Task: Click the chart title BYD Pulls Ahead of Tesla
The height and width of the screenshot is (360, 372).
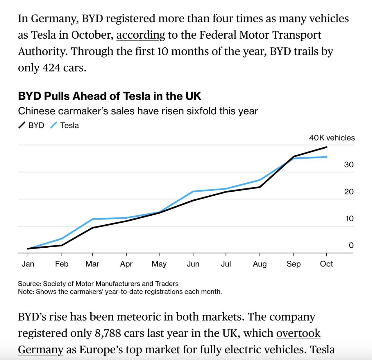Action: (x=109, y=96)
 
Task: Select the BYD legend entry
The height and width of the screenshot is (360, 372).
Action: (x=31, y=125)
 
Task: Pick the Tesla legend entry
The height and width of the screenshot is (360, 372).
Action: (x=65, y=125)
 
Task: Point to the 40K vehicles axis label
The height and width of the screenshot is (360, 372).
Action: (x=332, y=138)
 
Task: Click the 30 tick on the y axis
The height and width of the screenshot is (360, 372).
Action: (x=349, y=165)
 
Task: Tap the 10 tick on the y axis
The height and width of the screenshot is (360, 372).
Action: (x=349, y=219)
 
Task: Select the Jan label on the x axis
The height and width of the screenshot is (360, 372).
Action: (x=28, y=264)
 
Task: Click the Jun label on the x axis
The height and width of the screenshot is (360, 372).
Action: (x=193, y=264)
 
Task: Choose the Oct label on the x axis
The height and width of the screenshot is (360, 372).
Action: (x=326, y=264)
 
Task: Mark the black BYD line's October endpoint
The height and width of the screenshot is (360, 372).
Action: (x=327, y=147)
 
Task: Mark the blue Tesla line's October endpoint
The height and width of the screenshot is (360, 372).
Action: (x=327, y=157)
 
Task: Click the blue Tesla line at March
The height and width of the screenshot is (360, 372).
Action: (x=92, y=219)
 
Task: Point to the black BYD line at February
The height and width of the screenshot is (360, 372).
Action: (x=62, y=245)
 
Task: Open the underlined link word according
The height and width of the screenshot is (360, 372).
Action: (x=141, y=35)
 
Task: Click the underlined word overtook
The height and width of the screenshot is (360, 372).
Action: (x=298, y=333)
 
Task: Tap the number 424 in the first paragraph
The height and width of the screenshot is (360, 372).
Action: (x=51, y=68)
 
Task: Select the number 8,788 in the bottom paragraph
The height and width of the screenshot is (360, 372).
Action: (x=108, y=333)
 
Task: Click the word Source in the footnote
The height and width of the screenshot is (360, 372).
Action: (x=29, y=284)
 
